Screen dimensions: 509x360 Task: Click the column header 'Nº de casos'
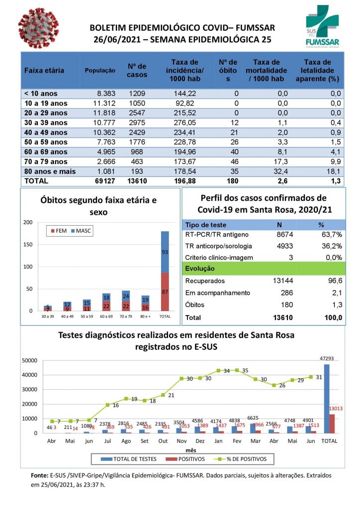(x=137, y=71)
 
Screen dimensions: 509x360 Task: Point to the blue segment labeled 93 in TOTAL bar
(x=165, y=252)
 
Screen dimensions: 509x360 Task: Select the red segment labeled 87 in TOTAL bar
(x=165, y=292)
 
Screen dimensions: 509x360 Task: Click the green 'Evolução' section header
(x=200, y=268)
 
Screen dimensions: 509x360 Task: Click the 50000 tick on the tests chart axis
(x=31, y=360)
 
